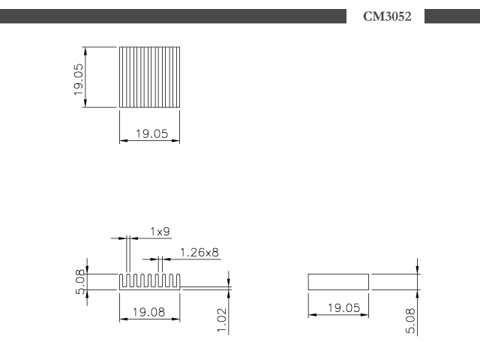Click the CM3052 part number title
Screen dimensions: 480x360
point(387,16)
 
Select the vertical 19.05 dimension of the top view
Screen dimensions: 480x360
point(78,79)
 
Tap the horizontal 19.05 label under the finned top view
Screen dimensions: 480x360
point(151,133)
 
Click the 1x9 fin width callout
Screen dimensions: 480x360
point(160,232)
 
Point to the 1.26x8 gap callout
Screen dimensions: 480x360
point(199,253)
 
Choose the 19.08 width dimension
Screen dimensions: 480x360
point(148,312)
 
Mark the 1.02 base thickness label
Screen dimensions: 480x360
point(222,320)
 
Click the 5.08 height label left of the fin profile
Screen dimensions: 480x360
point(79,282)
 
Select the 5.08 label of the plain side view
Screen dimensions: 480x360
point(410,321)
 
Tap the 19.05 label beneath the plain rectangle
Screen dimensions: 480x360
point(343,308)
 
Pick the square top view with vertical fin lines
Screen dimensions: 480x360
point(149,77)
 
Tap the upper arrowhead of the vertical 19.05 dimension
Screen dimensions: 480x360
point(85,51)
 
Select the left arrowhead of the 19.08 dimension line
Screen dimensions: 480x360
point(124,319)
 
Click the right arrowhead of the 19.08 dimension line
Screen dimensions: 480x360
point(175,319)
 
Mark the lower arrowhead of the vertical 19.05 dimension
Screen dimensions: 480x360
point(85,103)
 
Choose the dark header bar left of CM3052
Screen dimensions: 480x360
point(173,16)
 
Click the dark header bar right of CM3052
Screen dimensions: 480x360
point(452,16)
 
